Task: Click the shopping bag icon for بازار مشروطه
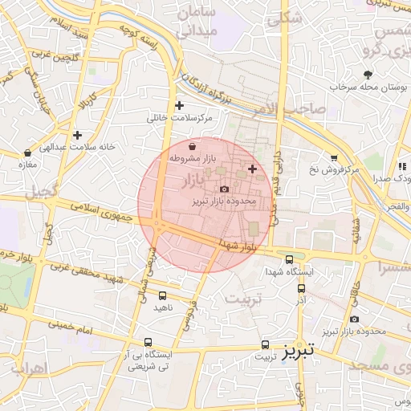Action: [193, 146]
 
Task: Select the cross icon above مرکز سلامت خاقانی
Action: [179, 105]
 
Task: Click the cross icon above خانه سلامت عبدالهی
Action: [77, 135]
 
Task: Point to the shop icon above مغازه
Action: [28, 152]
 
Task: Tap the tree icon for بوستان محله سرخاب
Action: [368, 74]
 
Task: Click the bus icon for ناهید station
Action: [163, 295]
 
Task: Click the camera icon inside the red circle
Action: [224, 189]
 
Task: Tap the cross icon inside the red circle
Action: [253, 168]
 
